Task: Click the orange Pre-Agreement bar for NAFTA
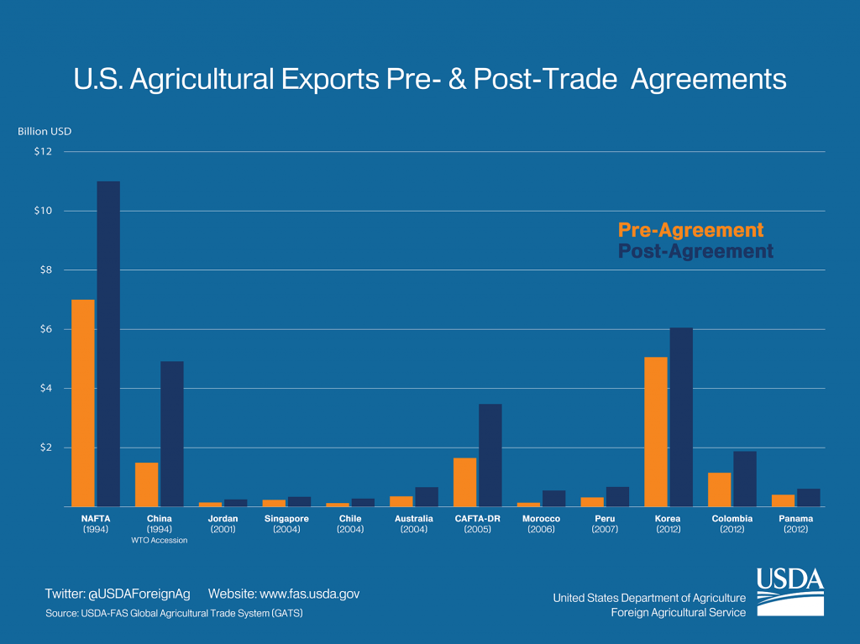82,403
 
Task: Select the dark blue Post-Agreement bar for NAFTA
108,344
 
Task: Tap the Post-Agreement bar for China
172,434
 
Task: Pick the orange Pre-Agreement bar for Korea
655,432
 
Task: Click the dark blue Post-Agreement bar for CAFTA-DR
490,455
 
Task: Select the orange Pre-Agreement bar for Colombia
719,490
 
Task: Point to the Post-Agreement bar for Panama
808,498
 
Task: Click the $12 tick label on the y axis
43,152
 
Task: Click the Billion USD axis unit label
45,131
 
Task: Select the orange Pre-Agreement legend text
690,230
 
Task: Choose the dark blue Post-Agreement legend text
695,251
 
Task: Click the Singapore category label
286,519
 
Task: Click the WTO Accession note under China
159,540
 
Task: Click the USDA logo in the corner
789,592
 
